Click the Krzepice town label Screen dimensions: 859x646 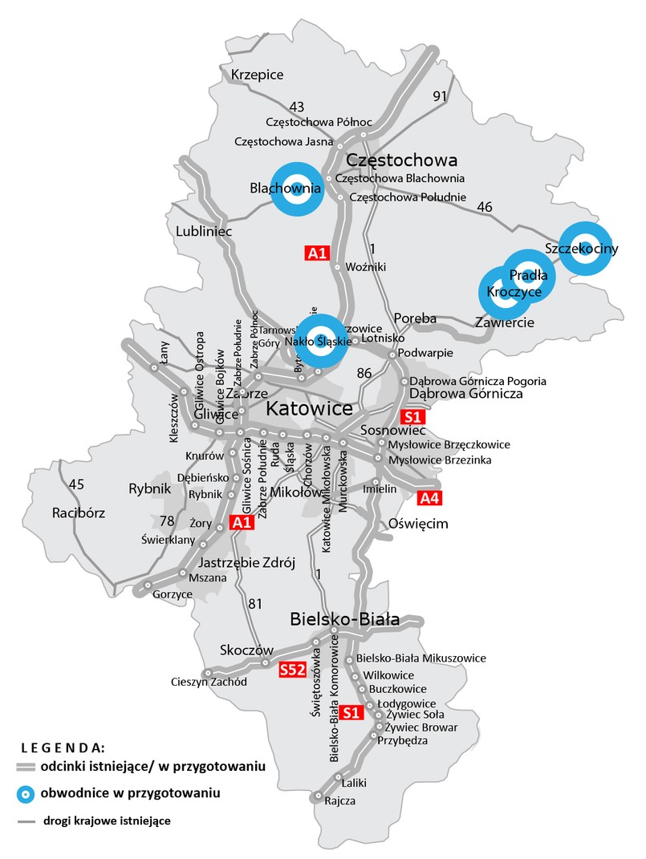pyautogui.click(x=257, y=75)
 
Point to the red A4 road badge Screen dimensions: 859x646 pyautogui.click(x=429, y=498)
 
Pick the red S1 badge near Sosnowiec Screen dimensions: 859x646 pyautogui.click(x=412, y=417)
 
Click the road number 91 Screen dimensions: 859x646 pyautogui.click(x=439, y=96)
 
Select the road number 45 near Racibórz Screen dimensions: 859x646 pyautogui.click(x=76, y=484)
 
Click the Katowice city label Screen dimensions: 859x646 pyautogui.click(x=309, y=409)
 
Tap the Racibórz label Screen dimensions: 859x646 pyautogui.click(x=79, y=513)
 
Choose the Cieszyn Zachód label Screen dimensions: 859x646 pyautogui.click(x=208, y=683)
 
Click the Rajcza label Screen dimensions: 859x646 pyautogui.click(x=339, y=800)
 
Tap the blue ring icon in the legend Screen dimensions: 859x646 pyautogui.click(x=27, y=793)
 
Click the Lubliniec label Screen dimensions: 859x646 pyautogui.click(x=203, y=231)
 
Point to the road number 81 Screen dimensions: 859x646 pyautogui.click(x=255, y=604)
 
